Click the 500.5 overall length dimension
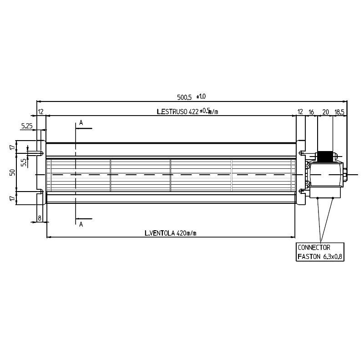click(x=184, y=97)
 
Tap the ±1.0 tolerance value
click(x=201, y=96)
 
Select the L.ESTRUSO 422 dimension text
click(x=178, y=112)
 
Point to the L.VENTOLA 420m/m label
click(x=170, y=233)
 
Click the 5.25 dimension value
click(x=27, y=126)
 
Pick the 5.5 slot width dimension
click(x=24, y=162)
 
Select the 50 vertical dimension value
click(x=12, y=172)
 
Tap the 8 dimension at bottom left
click(x=40, y=218)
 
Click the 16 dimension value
click(x=311, y=112)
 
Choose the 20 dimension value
click(x=326, y=112)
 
